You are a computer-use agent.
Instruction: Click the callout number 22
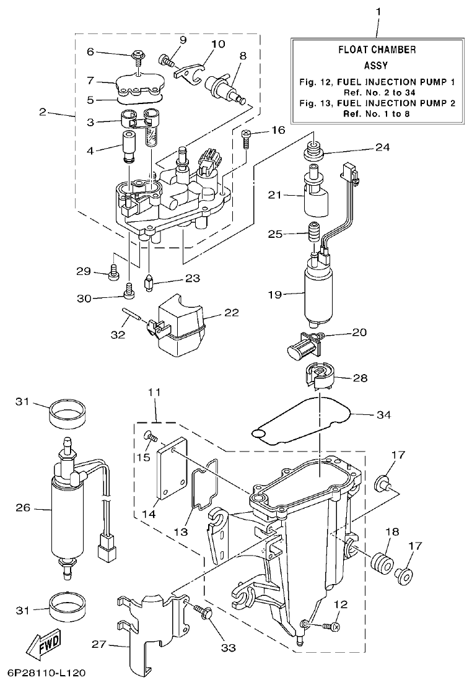(232, 313)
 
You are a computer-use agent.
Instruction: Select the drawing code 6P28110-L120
(46, 672)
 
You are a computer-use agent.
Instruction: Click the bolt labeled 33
(205, 613)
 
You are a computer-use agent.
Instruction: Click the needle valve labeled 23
(149, 283)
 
